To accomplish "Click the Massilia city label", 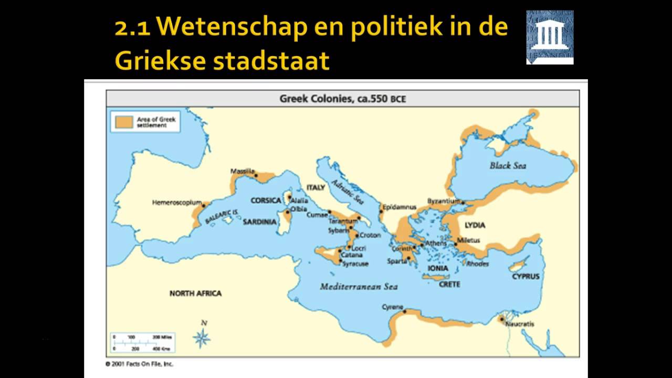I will (242, 171).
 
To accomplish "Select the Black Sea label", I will (508, 165).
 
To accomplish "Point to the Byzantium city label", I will (444, 201).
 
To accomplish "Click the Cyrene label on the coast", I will (392, 307).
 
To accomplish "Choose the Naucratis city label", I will (519, 324).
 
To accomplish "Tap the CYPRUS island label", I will (526, 276).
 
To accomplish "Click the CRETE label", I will (449, 284).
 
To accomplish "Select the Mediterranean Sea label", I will (359, 287).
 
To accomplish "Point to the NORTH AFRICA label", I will (195, 293).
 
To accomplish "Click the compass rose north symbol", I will (202, 336).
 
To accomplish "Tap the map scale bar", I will (142, 342).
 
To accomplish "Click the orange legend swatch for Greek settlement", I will (123, 122).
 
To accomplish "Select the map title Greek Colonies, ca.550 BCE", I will (342, 99).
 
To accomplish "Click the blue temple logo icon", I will (550, 37).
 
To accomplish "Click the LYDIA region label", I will (475, 225).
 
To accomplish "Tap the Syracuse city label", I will (355, 264).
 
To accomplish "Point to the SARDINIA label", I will (259, 222).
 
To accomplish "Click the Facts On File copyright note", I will (139, 364).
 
